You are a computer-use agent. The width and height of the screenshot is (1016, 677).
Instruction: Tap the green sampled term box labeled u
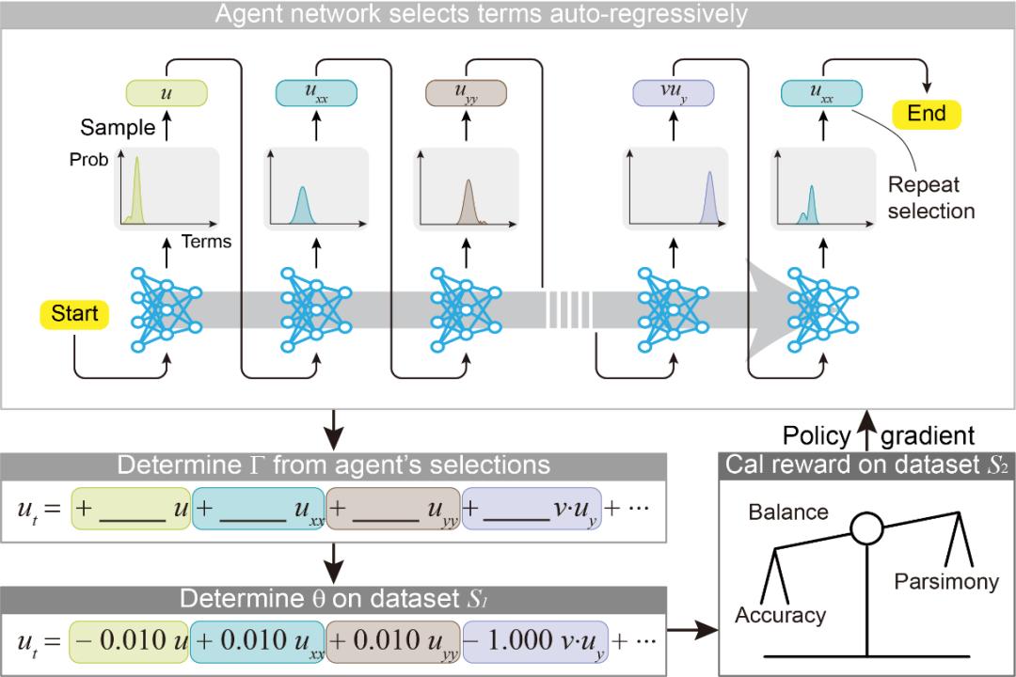point(166,93)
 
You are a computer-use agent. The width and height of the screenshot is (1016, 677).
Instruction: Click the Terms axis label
point(206,242)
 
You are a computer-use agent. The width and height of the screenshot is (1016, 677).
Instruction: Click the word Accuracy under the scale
point(780,616)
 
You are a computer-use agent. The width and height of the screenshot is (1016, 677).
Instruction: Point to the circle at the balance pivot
point(866,530)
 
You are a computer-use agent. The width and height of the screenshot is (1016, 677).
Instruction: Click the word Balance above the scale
point(788,512)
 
